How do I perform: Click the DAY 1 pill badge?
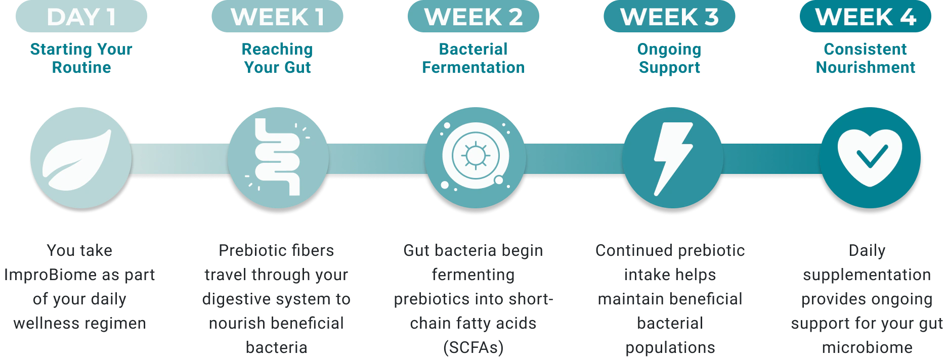coord(81,16)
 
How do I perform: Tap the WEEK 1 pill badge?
coord(277,16)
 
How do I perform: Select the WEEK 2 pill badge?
coord(473,16)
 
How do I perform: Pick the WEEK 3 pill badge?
coord(669,16)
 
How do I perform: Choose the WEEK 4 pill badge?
coord(866,16)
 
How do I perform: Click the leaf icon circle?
coord(81,158)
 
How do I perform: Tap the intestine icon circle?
coord(278,158)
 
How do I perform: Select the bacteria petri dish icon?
coord(476,158)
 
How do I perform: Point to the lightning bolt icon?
coord(673,158)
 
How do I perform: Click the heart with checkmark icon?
coord(870,158)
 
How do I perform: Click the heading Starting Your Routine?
coord(81,58)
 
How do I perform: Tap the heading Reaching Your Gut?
coord(277,58)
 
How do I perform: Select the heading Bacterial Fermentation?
coord(473,58)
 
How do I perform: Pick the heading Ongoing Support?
coord(669,58)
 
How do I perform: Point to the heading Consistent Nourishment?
coord(866,58)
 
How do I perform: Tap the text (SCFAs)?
coord(473,348)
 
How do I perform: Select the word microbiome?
coord(867,347)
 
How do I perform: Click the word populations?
coord(670,348)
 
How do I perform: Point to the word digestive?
coord(233,299)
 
